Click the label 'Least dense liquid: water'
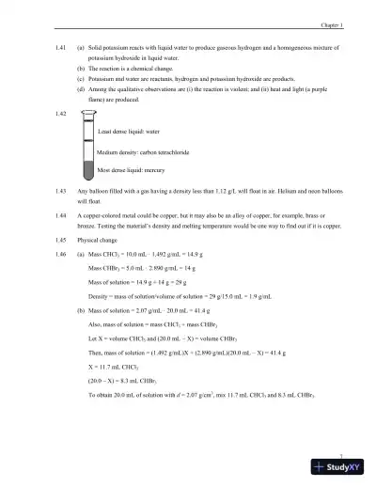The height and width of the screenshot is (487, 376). click(x=131, y=133)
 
